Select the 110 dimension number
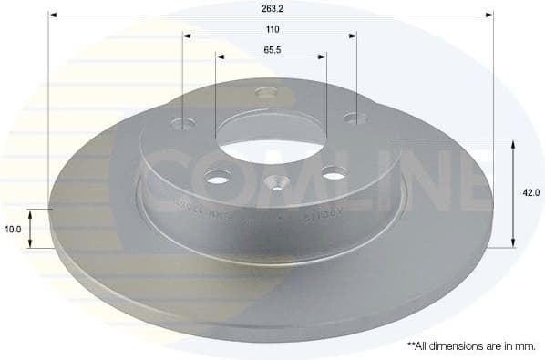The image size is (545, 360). (270, 28)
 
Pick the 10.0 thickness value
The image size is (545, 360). (14, 229)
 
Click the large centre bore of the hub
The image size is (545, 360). (270, 132)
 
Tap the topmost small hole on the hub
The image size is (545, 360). (266, 91)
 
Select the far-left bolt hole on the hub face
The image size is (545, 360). (189, 122)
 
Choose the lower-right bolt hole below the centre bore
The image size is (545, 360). (334, 171)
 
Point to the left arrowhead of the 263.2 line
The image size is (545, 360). (52, 15)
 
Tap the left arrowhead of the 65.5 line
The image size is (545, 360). (220, 57)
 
